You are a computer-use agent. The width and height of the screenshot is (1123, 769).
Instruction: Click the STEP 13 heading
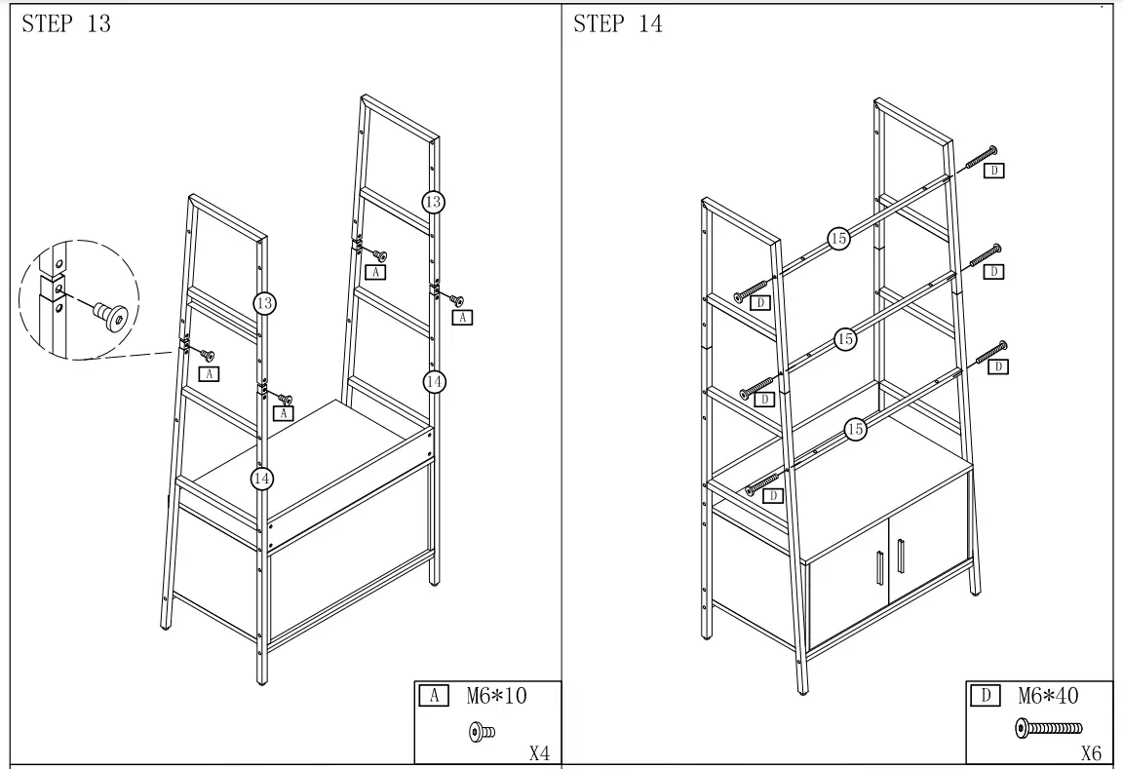pos(66,24)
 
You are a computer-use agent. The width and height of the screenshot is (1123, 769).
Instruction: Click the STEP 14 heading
pos(618,24)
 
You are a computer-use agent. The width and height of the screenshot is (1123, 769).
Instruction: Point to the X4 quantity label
pos(539,752)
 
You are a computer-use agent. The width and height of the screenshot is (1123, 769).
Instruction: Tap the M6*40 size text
pos(1048,696)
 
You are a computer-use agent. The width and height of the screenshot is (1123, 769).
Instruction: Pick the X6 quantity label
pos(1091,752)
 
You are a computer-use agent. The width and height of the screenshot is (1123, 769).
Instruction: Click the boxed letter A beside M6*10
pos(433,696)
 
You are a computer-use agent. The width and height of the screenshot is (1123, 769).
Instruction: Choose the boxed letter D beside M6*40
pos(985,696)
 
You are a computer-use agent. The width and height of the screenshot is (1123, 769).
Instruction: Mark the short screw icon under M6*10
pos(483,730)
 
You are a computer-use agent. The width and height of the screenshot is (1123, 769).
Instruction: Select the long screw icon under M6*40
pos(1048,727)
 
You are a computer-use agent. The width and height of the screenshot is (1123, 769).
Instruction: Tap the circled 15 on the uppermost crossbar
pos(838,237)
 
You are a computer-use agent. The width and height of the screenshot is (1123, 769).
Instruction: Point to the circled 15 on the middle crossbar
pos(845,338)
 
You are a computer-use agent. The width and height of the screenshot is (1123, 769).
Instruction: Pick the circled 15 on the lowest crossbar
pos(855,429)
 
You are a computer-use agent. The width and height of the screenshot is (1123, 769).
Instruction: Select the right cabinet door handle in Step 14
pos(900,557)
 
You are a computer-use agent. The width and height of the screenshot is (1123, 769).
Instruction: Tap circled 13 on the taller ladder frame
pos(434,202)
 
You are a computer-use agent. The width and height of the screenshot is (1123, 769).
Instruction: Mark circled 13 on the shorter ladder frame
pos(264,303)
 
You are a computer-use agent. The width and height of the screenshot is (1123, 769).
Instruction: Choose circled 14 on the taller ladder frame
pos(435,381)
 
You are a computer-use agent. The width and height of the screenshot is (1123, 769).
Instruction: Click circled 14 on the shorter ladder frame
pos(262,478)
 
